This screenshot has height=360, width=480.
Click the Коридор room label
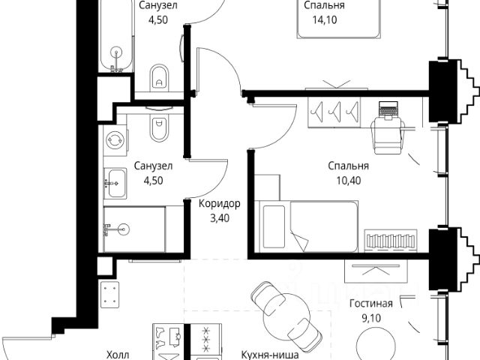pyautogui.click(x=220, y=204)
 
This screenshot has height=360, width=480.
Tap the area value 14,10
pyautogui.click(x=325, y=20)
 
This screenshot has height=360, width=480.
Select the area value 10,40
pyautogui.click(x=349, y=181)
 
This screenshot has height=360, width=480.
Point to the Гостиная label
pyautogui.click(x=371, y=303)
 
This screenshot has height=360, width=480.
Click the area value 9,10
pyautogui.click(x=371, y=318)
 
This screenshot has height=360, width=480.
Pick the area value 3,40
pyautogui.click(x=220, y=218)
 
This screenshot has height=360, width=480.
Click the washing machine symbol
pyautogui.click(x=115, y=140)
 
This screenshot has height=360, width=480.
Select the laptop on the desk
pyautogui.click(x=388, y=109)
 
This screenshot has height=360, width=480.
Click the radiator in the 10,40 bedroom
pyautogui.click(x=390, y=240)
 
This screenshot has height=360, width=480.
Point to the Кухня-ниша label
pyautogui.click(x=270, y=355)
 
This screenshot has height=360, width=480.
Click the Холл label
pyautogui.click(x=118, y=355)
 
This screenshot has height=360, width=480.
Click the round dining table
pyautogui.click(x=286, y=316)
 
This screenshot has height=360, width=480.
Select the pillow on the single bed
pyautogui.click(x=274, y=226)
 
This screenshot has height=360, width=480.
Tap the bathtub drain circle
pyautogui.click(x=116, y=52)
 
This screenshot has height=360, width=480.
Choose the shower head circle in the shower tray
pyautogui.click(x=123, y=229)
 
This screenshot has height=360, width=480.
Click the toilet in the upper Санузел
pyautogui.click(x=159, y=77)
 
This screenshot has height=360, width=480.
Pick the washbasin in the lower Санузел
pyautogui.click(x=115, y=183)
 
